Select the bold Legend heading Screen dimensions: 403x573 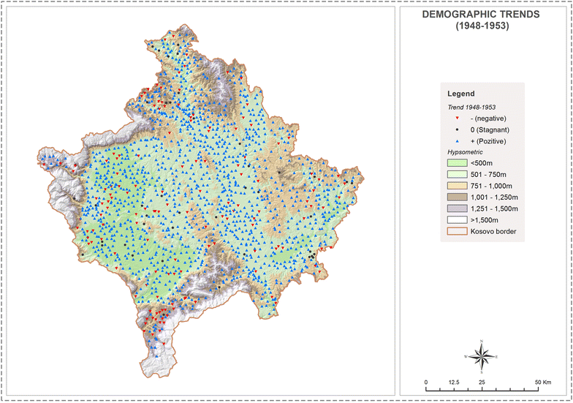tap(461, 94)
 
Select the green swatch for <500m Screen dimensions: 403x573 tap(458, 163)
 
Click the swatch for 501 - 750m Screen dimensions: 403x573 tap(458, 175)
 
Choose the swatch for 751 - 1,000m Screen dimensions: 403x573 tap(458, 187)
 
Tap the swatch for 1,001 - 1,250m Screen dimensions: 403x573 tap(458, 198)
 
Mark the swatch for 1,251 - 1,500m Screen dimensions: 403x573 tap(458, 210)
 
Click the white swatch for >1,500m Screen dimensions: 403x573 tap(458, 222)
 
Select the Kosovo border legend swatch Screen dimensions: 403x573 tap(458, 233)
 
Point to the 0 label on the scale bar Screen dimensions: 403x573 tap(426, 383)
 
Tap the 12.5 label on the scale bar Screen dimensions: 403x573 tap(453, 383)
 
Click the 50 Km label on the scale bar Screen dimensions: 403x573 tap(542, 383)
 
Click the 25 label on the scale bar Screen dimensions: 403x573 tap(482, 383)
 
